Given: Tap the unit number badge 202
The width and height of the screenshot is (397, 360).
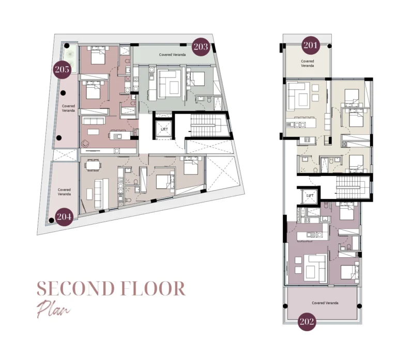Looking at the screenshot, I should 307,322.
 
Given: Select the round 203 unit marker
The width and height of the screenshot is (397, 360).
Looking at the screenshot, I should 201,47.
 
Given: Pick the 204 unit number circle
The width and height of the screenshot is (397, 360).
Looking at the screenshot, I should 64,216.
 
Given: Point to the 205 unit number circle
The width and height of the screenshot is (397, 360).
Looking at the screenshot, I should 63,69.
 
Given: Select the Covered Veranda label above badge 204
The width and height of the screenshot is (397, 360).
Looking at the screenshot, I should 64,192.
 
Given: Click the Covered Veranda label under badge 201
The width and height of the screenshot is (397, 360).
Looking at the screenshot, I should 307,64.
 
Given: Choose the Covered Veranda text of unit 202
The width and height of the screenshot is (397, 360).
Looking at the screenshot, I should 325,303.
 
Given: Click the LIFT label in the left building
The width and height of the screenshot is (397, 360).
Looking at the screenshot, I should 164,129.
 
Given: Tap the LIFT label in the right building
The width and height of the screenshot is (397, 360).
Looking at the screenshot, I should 310,196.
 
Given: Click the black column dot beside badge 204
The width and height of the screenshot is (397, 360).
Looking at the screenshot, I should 51,221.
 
